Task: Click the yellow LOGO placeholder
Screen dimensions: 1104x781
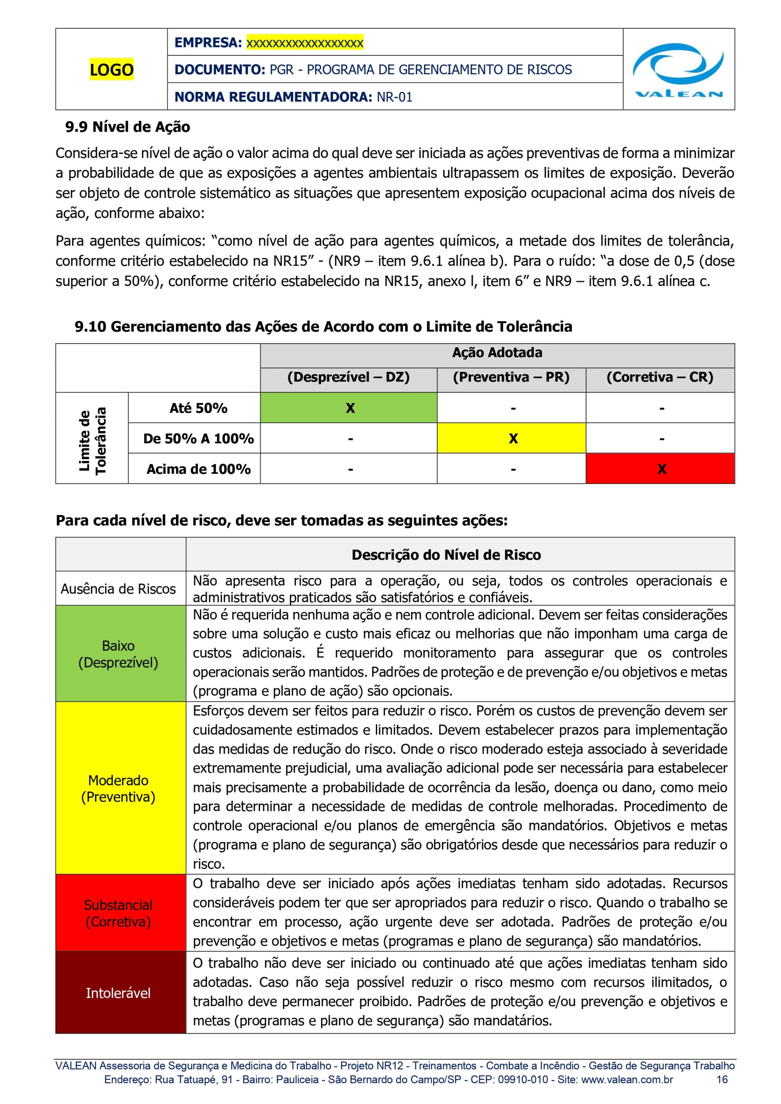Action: pos(111,70)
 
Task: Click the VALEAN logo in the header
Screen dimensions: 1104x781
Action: pos(678,70)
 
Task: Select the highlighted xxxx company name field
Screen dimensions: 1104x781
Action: pos(305,43)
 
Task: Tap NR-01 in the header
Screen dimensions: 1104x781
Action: pos(394,97)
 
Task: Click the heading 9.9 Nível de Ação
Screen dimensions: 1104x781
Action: pos(128,127)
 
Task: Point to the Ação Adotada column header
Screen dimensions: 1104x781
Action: pos(497,353)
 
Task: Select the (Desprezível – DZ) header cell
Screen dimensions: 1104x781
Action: pos(348,377)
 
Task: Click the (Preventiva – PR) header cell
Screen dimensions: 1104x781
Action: pos(511,377)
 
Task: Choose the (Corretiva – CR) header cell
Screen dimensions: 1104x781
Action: pos(660,377)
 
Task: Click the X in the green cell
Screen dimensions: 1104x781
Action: pos(350,408)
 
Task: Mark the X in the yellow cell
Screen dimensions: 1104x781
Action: pos(513,439)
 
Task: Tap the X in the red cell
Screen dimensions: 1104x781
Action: pos(661,469)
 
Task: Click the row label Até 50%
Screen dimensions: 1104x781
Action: pos(198,408)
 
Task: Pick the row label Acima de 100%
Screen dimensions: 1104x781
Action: pos(198,469)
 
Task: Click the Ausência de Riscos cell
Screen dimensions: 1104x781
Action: pos(118,589)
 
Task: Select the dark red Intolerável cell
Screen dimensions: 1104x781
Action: pos(118,993)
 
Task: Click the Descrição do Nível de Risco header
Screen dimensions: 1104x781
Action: pos(446,555)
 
